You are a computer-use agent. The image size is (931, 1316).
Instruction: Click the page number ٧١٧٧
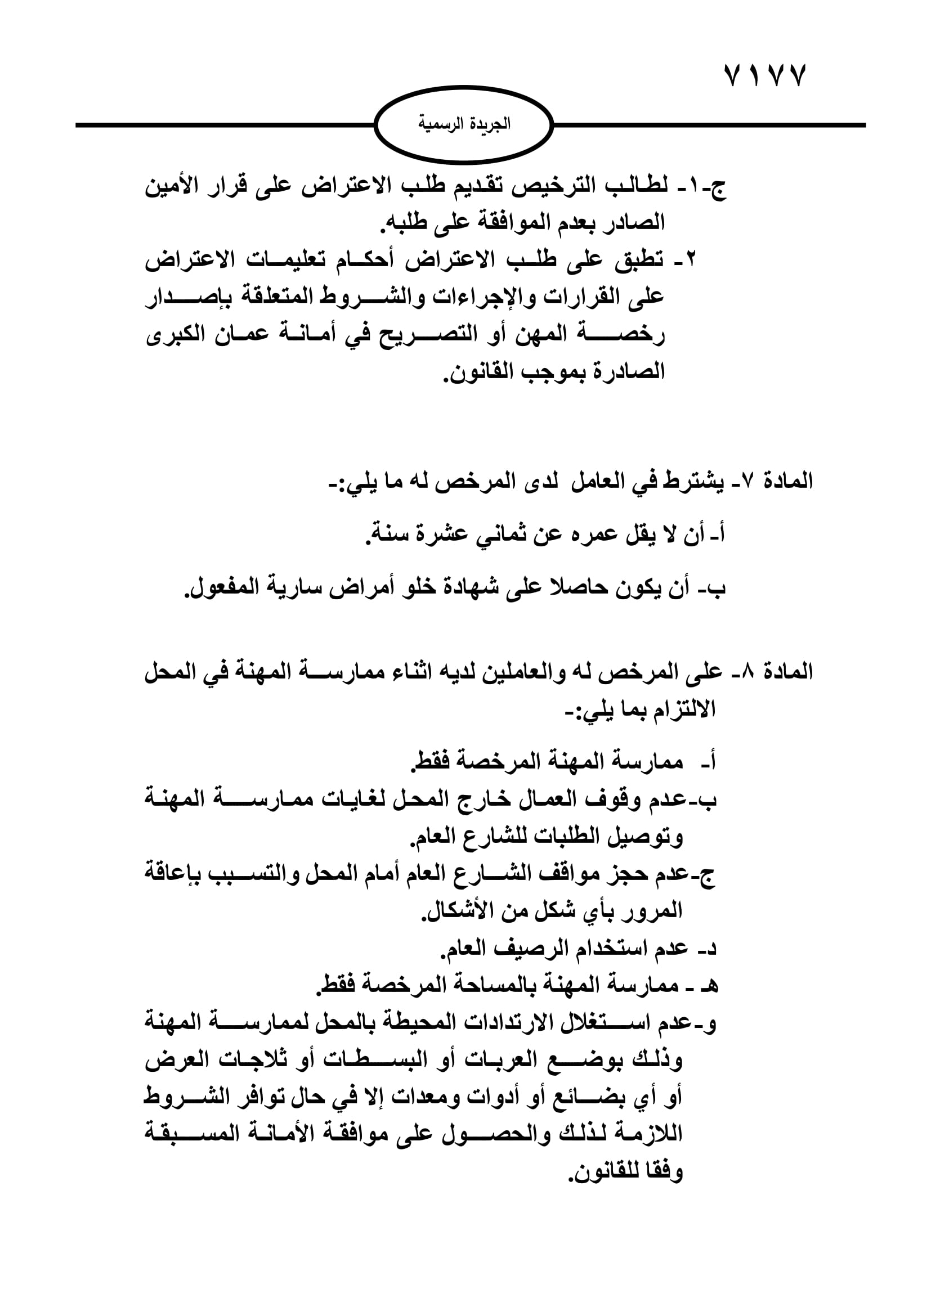(766, 75)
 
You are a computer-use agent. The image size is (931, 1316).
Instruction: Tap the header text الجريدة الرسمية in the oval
(464, 124)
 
